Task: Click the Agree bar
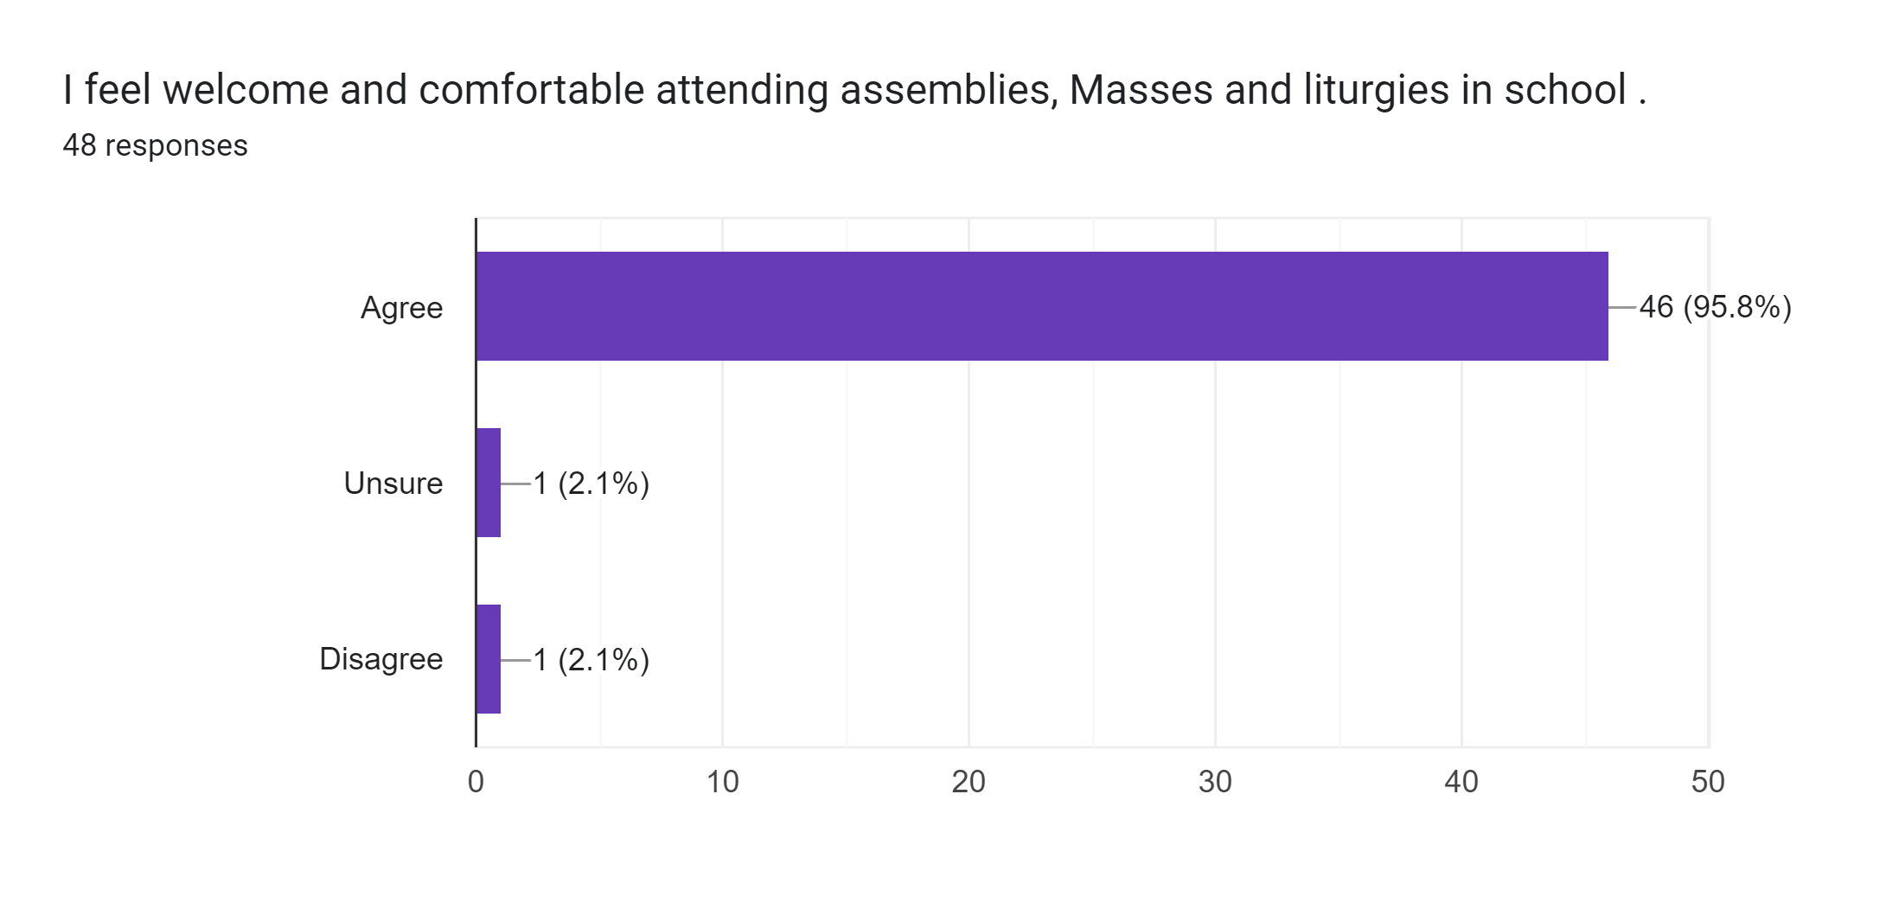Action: (1042, 306)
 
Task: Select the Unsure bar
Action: (489, 483)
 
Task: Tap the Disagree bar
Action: (489, 659)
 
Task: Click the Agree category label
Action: (401, 308)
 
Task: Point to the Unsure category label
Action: (393, 484)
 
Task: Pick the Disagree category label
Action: (381, 660)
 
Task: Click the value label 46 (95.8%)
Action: (1715, 307)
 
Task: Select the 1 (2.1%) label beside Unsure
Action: (591, 484)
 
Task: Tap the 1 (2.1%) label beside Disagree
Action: (591, 660)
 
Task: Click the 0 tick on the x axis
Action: (476, 782)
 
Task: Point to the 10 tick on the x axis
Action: (722, 782)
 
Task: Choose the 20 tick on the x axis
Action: (969, 782)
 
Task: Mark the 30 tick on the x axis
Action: (1215, 782)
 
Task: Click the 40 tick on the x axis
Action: (1461, 782)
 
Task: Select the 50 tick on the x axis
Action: (1708, 782)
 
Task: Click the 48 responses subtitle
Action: (155, 146)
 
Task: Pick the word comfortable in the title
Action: (532, 90)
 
